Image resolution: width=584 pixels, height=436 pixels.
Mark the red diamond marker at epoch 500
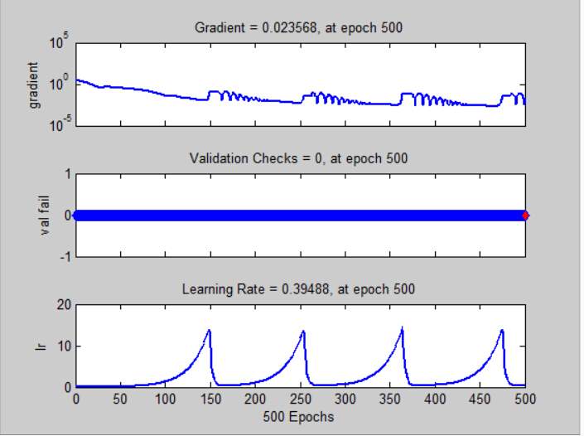pyautogui.click(x=525, y=216)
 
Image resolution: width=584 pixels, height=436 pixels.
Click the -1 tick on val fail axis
pyautogui.click(x=64, y=257)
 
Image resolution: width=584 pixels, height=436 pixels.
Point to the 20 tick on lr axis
pyautogui.click(x=62, y=305)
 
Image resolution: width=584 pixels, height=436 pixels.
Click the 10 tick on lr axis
pyautogui.click(x=62, y=346)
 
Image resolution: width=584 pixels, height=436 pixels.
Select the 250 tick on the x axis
pyautogui.click(x=300, y=399)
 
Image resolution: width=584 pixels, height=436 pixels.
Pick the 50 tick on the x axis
pyautogui.click(x=121, y=399)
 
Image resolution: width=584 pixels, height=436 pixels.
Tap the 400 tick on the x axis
pyautogui.click(x=435, y=399)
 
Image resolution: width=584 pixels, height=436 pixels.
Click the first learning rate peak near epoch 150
pyautogui.click(x=209, y=331)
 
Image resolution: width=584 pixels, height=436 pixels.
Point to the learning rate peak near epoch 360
pyautogui.click(x=402, y=328)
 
